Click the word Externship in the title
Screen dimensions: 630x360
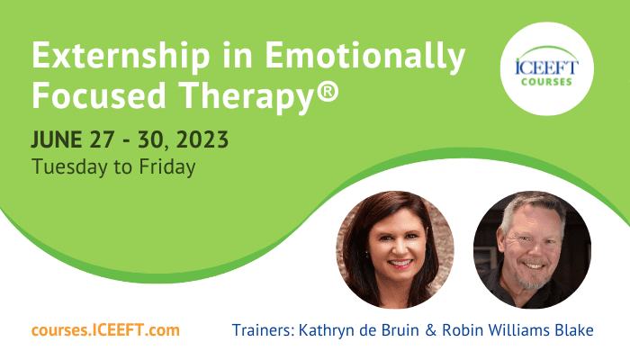(121, 57)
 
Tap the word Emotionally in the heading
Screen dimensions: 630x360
(365, 57)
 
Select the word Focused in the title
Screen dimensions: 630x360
(99, 94)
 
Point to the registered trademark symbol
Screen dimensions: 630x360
(328, 91)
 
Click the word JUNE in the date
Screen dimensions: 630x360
(57, 139)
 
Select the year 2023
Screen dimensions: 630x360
(202, 139)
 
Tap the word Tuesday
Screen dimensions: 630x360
(70, 167)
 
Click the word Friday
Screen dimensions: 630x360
(167, 167)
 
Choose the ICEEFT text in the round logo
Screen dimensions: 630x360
(546, 67)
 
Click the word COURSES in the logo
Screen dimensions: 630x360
(546, 82)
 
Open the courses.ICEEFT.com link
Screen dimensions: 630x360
(105, 330)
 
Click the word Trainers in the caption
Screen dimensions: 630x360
(264, 330)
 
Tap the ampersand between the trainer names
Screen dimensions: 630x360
(430, 330)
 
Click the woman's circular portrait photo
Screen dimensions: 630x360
(395, 249)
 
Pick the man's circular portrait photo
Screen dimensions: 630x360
(532, 249)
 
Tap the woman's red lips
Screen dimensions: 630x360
(400, 264)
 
